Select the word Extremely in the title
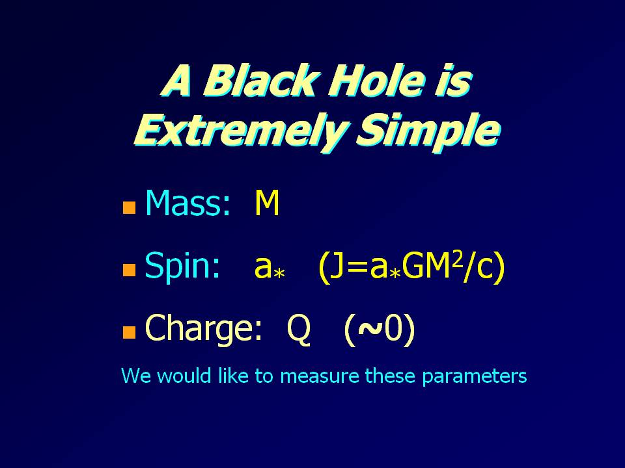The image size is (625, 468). [x=239, y=130]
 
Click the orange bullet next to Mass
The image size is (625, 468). [x=129, y=207]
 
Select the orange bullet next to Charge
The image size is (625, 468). [x=129, y=332]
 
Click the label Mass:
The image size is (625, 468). [x=187, y=203]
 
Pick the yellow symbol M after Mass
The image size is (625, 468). [x=267, y=203]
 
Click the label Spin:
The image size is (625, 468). [x=182, y=266]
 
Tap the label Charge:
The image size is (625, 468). [x=203, y=328]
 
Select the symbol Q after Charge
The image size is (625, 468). [x=299, y=329]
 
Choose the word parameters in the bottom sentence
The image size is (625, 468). [x=475, y=376]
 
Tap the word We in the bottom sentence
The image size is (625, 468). [x=136, y=376]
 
